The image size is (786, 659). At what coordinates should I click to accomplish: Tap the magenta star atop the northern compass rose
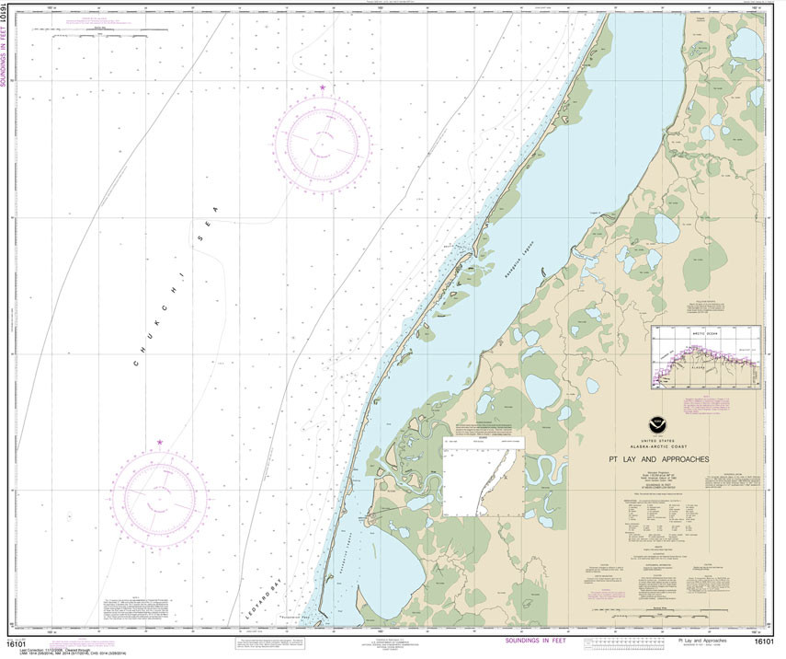point(323,87)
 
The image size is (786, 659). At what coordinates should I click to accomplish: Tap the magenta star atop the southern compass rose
point(160,443)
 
